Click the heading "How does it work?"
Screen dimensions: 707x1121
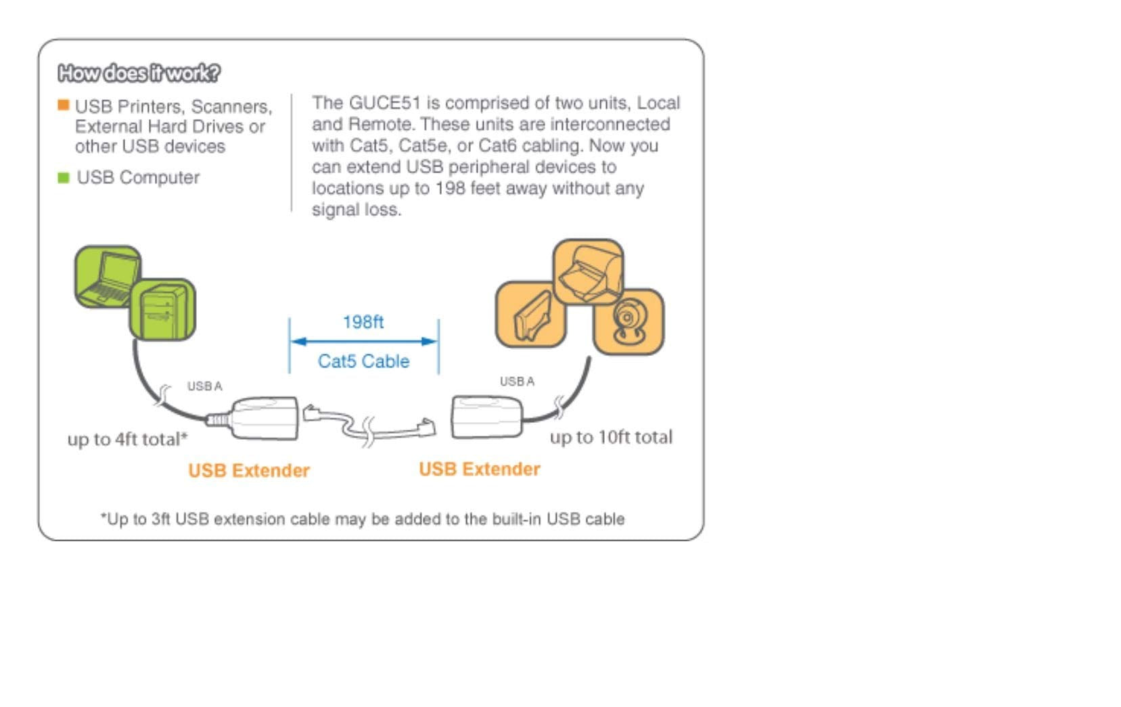click(139, 72)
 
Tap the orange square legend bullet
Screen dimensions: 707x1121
click(64, 105)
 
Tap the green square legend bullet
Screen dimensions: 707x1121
click(64, 178)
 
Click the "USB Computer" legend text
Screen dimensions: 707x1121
click(138, 177)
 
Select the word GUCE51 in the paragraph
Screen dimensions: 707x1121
click(384, 103)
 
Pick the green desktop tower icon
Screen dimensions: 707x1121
click(162, 310)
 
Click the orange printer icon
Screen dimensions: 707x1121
click(588, 271)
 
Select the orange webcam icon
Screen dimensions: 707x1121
click(628, 321)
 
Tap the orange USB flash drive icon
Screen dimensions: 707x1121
click(531, 315)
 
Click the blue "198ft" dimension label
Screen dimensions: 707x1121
click(363, 322)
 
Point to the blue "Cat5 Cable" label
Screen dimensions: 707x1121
click(363, 361)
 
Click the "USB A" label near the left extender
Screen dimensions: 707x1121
click(204, 386)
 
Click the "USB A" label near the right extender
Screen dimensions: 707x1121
click(517, 382)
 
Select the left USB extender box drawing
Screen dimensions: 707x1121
click(265, 418)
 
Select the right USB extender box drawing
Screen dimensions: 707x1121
click(486, 417)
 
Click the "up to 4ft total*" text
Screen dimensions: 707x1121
click(127, 439)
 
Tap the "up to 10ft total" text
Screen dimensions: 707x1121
click(611, 437)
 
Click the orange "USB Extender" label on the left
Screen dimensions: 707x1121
click(249, 471)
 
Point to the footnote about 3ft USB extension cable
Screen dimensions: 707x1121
click(363, 519)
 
